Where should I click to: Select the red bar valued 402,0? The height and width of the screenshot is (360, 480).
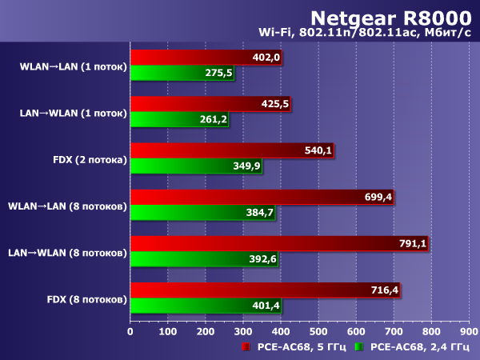click(206, 58)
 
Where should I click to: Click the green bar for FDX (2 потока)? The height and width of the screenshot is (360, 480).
click(196, 166)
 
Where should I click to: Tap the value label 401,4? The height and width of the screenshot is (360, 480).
click(265, 305)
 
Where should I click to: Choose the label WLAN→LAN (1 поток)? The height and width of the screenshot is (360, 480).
click(74, 67)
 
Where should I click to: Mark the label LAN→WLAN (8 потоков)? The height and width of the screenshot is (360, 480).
click(68, 254)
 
